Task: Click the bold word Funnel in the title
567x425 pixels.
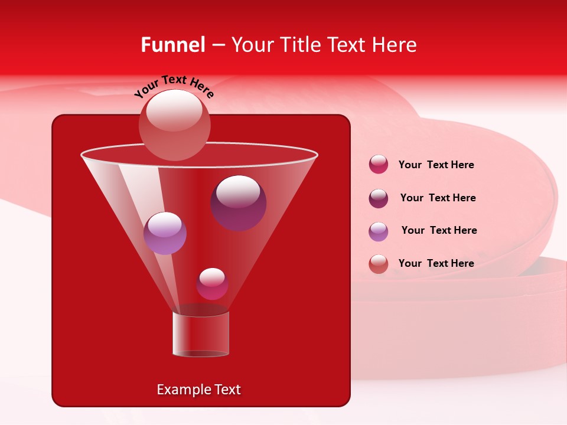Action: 173,44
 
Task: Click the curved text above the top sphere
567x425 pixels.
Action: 174,86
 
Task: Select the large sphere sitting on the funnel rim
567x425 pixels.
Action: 175,125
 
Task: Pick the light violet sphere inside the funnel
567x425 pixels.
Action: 165,233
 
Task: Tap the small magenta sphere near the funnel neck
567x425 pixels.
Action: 212,284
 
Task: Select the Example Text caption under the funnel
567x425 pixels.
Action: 198,390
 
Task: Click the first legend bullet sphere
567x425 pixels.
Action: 379,165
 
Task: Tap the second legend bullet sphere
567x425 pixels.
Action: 379,198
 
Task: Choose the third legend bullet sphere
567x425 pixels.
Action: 379,231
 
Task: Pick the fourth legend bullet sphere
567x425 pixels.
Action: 379,264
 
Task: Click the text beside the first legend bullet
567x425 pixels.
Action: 436,165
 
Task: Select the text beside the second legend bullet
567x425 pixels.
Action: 438,198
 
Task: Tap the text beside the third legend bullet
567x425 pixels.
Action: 439,230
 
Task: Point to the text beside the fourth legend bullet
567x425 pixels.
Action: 436,263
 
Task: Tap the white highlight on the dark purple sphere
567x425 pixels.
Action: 238,191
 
